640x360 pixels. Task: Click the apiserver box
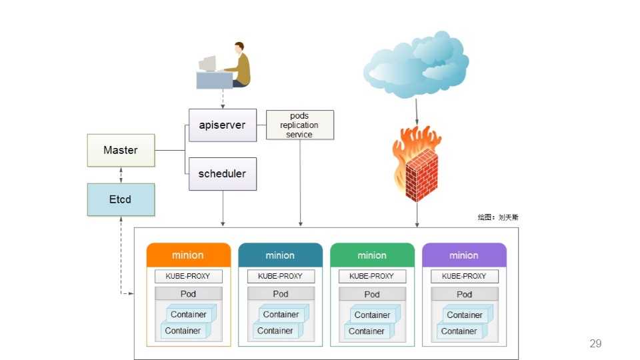[x=222, y=125]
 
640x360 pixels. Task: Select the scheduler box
[x=222, y=174]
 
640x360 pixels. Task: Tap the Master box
[x=121, y=151]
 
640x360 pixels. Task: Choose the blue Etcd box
[x=121, y=199]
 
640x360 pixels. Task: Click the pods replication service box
[x=299, y=125]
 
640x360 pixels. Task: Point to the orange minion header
[x=188, y=255]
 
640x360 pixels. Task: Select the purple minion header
[x=464, y=255]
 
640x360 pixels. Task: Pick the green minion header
[x=372, y=255]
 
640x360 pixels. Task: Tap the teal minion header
[x=280, y=255]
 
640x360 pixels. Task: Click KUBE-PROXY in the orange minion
[x=188, y=276]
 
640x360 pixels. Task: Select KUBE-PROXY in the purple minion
[x=464, y=276]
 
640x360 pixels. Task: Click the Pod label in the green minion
[x=372, y=294]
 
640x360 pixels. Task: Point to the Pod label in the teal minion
[x=280, y=294]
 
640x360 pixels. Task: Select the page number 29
[x=595, y=343]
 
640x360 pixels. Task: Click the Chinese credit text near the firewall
[x=497, y=217]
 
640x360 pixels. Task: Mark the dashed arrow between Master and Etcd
[x=121, y=175]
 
